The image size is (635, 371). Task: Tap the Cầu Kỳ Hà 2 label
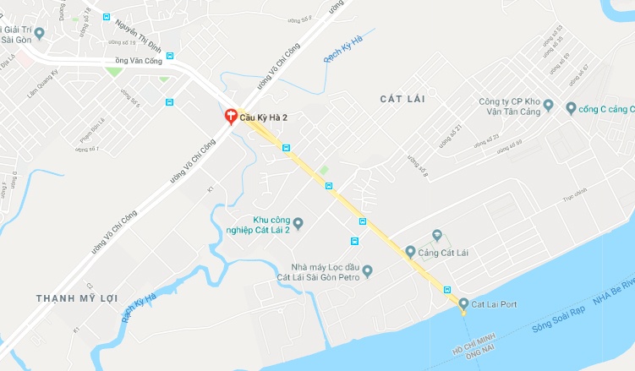pyautogui.click(x=264, y=117)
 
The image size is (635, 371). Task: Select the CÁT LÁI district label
pyautogui.click(x=402, y=100)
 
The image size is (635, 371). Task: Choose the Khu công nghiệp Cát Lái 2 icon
pyautogui.click(x=298, y=223)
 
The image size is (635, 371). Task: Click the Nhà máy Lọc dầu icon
pyautogui.click(x=367, y=270)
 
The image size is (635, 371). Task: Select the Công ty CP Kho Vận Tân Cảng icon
pyautogui.click(x=548, y=106)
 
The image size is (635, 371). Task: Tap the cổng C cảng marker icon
pyautogui.click(x=570, y=107)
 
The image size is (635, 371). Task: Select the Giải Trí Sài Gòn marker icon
pyautogui.click(x=39, y=34)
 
